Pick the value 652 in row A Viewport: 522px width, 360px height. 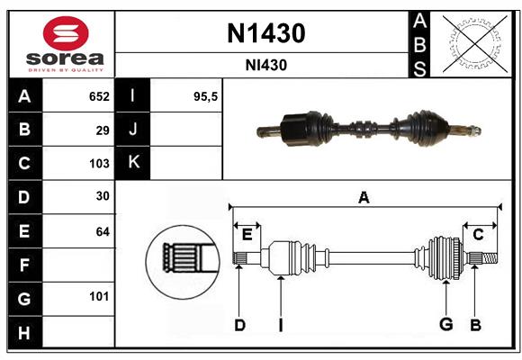pyautogui.click(x=99, y=96)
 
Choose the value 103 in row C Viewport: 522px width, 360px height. pyautogui.click(x=99, y=164)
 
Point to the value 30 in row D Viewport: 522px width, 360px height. pyautogui.click(x=103, y=197)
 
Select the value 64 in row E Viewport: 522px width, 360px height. pyautogui.click(x=103, y=231)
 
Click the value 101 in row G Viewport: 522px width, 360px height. pyautogui.click(x=99, y=296)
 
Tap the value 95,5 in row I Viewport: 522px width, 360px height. pyautogui.click(x=206, y=96)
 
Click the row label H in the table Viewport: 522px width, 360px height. pyautogui.click(x=24, y=332)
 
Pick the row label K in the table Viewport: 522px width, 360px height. pyautogui.click(x=134, y=163)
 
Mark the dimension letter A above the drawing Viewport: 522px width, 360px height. pyautogui.click(x=364, y=197)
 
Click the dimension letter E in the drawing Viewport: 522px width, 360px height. pyautogui.click(x=247, y=234)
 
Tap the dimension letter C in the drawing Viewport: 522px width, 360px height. pyautogui.click(x=478, y=234)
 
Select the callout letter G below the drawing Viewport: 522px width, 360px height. pyautogui.click(x=445, y=325)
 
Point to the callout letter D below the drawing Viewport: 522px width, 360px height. pyautogui.click(x=239, y=325)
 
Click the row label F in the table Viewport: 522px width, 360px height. pyautogui.click(x=24, y=265)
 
